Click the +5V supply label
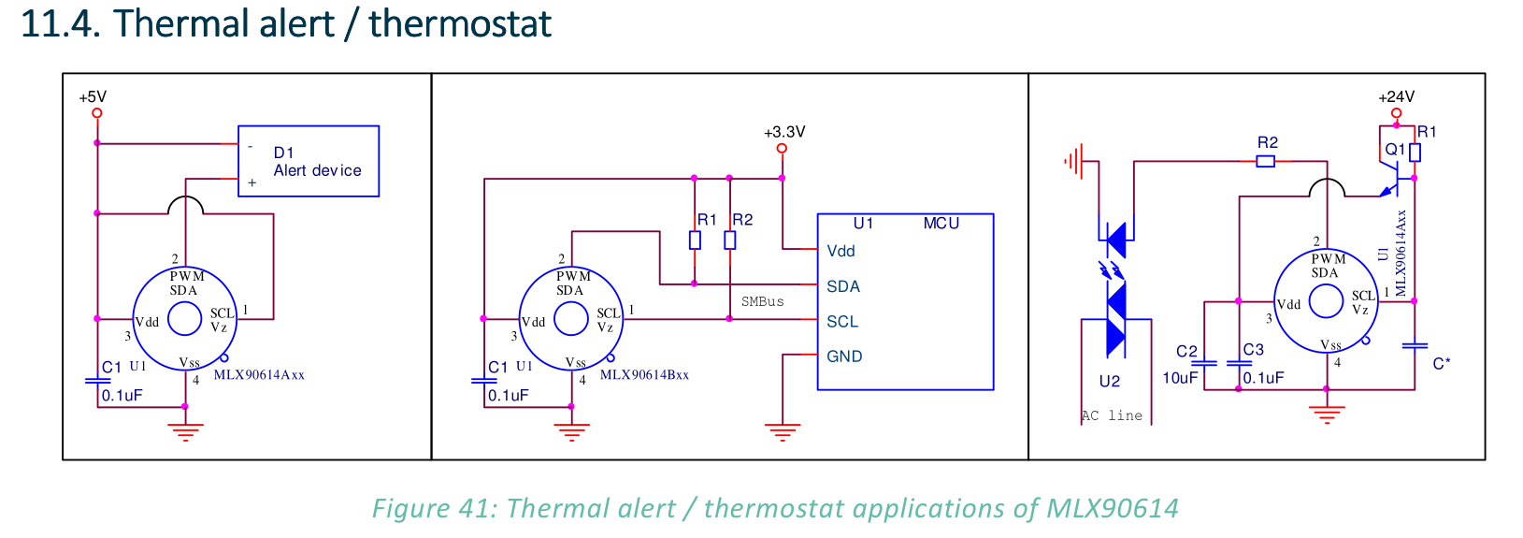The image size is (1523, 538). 93,96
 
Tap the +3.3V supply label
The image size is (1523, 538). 783,131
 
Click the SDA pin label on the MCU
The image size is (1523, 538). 843,286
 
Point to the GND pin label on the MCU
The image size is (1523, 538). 844,356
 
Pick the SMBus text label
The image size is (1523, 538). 762,301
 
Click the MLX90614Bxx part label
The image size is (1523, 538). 644,375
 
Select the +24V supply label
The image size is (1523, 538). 1396,96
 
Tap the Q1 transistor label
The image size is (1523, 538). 1395,149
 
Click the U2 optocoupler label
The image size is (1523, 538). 1110,381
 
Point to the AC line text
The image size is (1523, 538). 1112,414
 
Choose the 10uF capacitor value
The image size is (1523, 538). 1180,378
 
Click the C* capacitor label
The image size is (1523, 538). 1442,364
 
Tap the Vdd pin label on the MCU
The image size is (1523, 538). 841,251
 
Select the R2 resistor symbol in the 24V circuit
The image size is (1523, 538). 1265,161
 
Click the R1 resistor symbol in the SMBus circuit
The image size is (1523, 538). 695,240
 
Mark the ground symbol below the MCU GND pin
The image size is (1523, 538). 783,432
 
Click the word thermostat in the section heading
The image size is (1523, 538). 460,23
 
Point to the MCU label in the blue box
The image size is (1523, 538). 941,223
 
